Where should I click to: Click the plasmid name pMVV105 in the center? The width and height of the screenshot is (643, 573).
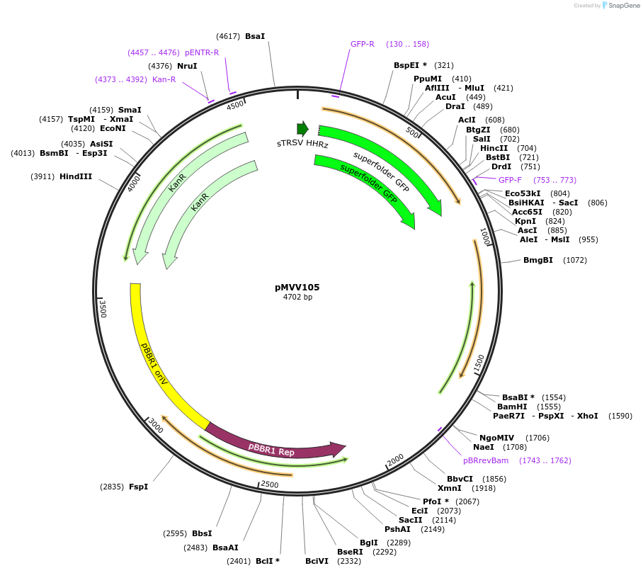click(297, 288)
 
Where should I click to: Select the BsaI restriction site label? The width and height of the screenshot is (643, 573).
click(255, 36)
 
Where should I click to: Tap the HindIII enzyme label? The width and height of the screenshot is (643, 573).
click(76, 176)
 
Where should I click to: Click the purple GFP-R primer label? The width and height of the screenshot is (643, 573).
click(363, 44)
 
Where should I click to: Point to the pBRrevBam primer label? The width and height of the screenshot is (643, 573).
click(486, 460)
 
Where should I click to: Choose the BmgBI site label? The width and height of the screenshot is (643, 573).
click(538, 260)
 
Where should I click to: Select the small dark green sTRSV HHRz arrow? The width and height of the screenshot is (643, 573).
click(303, 128)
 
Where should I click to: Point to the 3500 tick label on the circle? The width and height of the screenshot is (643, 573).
click(103, 309)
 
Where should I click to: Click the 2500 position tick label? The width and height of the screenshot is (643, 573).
click(270, 484)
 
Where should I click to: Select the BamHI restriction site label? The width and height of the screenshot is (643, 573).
click(512, 407)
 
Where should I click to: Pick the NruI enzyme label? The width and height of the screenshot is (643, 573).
click(187, 66)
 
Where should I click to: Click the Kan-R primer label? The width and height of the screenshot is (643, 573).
click(164, 79)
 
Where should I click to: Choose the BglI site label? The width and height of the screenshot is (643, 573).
click(369, 543)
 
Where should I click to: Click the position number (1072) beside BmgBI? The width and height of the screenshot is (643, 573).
click(575, 260)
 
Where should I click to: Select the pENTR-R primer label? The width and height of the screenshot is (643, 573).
click(202, 52)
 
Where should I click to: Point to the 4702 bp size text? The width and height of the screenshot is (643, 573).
click(297, 297)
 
